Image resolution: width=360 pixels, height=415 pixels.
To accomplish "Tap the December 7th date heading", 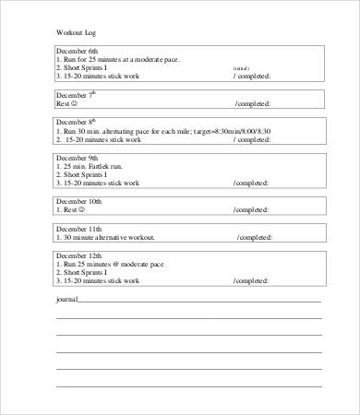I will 75,95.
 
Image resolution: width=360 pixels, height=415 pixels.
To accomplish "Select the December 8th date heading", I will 77,122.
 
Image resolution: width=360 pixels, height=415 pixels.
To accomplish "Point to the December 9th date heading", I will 77,157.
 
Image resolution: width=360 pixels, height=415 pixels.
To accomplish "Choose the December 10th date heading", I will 78,200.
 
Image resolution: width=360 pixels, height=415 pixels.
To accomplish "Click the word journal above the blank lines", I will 66,299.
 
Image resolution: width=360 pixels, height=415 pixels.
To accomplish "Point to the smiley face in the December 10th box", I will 83,209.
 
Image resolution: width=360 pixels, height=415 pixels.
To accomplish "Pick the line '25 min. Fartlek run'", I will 99,166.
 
